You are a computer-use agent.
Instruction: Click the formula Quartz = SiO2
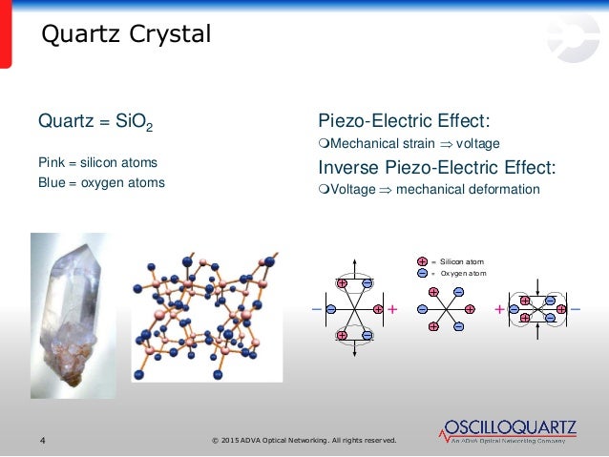[x=94, y=123]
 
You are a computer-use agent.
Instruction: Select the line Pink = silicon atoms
[x=97, y=162]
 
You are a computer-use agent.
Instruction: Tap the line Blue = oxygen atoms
[x=100, y=182]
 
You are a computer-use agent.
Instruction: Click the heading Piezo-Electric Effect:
[x=404, y=122]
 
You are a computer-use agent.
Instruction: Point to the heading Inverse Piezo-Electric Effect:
[x=436, y=167]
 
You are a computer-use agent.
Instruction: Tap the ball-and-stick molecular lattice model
[x=203, y=315]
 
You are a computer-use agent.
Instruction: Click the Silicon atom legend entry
[x=453, y=260]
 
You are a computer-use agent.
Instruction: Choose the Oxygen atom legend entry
[x=453, y=274]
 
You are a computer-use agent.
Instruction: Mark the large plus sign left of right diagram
[x=499, y=310]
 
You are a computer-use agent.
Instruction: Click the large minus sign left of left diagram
[x=316, y=310]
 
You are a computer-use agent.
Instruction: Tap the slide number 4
[x=42, y=440]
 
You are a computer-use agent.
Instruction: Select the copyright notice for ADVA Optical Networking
[x=306, y=440]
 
